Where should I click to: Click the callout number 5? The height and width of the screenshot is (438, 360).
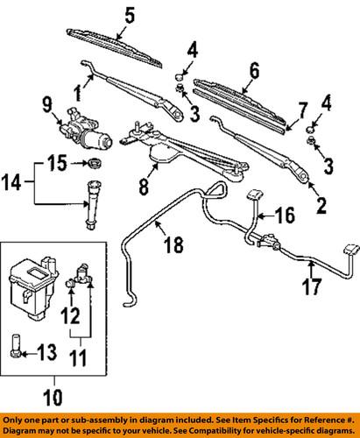[131, 15]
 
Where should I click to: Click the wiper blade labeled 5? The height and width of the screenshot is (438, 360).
[114, 38]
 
